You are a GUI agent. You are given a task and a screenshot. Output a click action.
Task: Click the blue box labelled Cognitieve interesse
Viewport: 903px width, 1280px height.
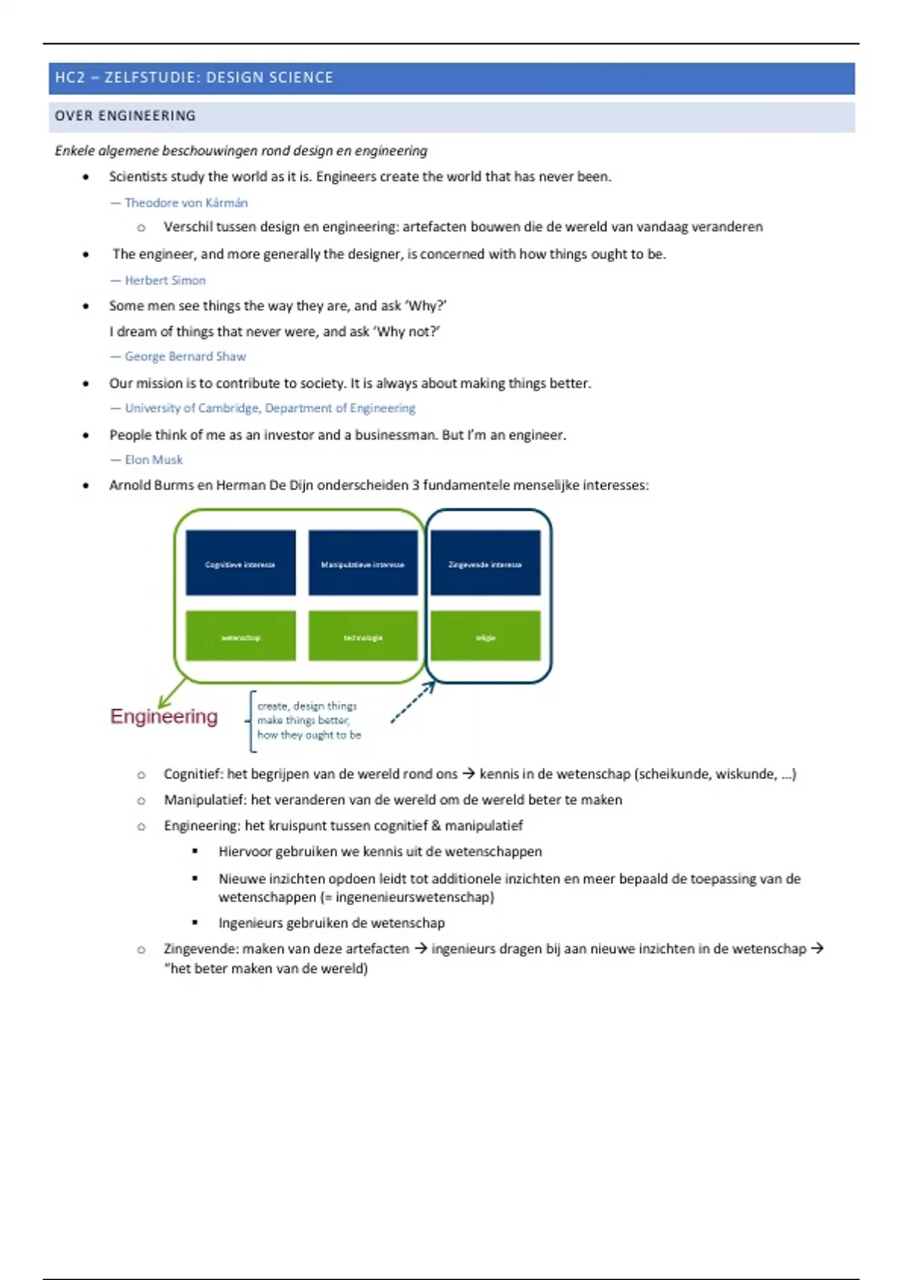(x=240, y=562)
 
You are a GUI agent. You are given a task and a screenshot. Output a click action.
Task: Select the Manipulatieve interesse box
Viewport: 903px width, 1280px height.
(x=363, y=562)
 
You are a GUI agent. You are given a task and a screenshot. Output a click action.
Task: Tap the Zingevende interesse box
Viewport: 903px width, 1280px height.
(x=485, y=562)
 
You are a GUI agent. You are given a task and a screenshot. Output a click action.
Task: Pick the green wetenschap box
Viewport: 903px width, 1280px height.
(x=240, y=636)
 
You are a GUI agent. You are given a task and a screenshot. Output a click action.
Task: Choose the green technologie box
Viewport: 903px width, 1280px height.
(x=363, y=636)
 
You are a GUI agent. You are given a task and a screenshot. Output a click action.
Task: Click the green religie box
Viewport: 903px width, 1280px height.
(x=485, y=636)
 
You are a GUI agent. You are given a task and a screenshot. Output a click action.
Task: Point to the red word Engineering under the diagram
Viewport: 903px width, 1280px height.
(x=164, y=716)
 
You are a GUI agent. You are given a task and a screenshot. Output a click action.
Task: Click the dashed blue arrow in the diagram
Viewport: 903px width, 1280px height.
(x=412, y=702)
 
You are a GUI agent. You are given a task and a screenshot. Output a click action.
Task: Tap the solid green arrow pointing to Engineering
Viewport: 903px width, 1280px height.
(x=172, y=693)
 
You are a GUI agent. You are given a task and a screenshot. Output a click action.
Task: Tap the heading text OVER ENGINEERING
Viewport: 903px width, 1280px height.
(x=126, y=116)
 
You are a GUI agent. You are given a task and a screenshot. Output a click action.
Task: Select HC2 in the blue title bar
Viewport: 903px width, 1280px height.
(x=70, y=78)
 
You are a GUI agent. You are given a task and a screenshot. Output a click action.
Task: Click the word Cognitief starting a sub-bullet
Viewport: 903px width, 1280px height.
(x=192, y=774)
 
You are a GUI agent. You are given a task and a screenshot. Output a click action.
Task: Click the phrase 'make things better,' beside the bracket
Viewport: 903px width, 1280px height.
(x=303, y=721)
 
